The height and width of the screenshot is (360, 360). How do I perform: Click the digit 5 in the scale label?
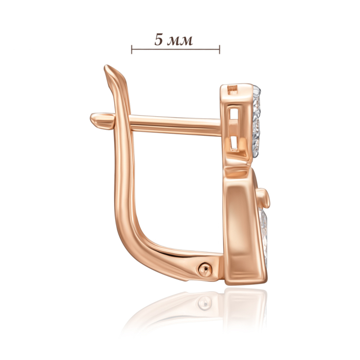158,40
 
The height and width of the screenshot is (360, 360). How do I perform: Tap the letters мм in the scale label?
181,41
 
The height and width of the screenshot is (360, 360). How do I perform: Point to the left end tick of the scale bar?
131,49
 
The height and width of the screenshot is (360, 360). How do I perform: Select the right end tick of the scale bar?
220,49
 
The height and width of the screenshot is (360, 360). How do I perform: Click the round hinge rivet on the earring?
205,269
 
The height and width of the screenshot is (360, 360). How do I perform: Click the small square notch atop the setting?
232,90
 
